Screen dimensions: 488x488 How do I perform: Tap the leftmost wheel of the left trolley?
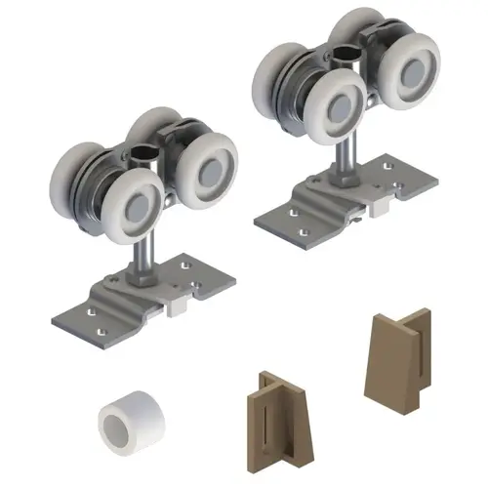[x=75, y=168]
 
